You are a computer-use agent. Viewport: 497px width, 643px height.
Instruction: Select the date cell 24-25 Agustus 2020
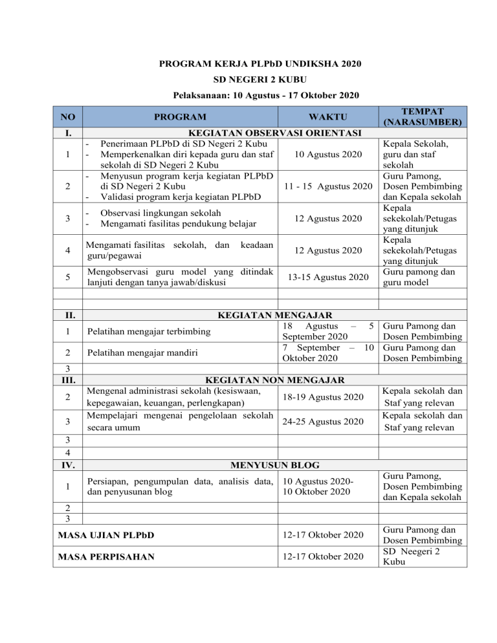[x=326, y=422]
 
